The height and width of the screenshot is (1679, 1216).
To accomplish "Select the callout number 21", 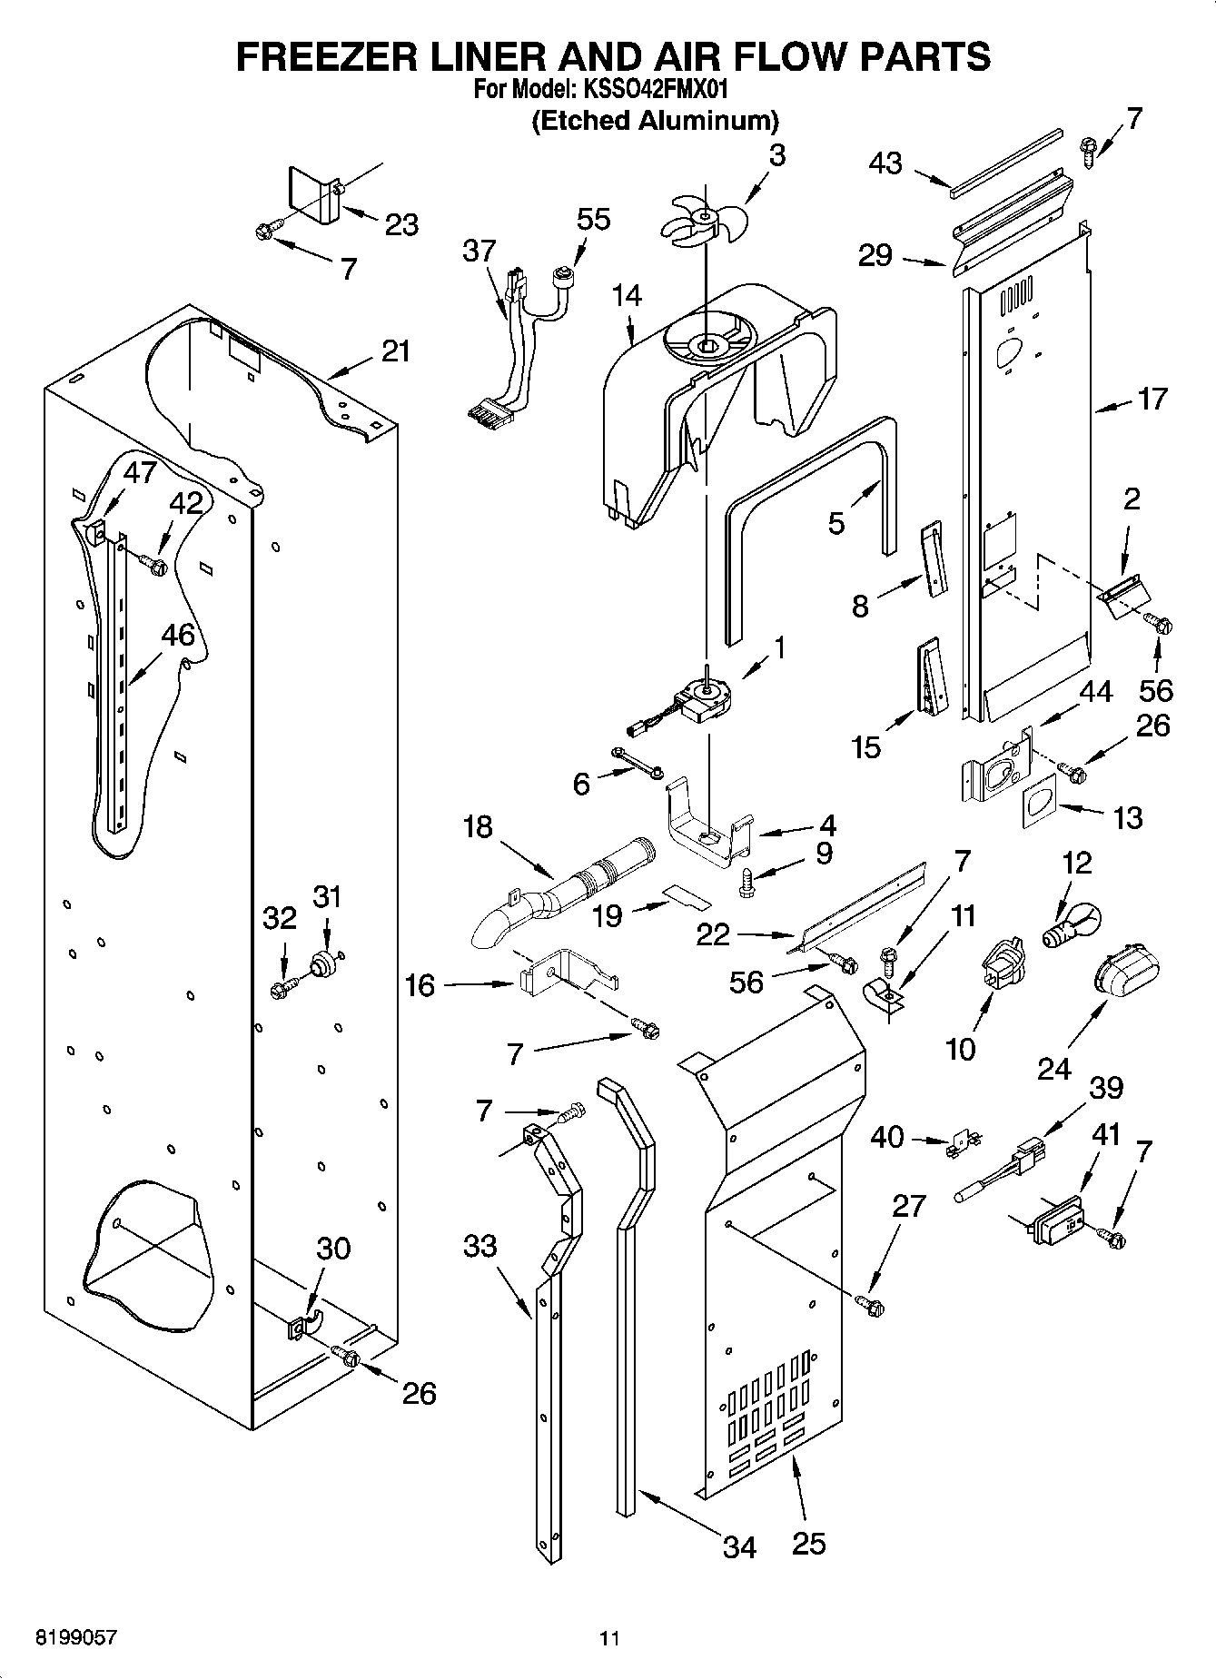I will click(395, 351).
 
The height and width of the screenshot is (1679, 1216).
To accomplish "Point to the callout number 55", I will click(594, 219).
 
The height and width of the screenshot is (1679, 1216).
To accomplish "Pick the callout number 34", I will click(739, 1546).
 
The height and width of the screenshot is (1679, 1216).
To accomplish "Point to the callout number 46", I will click(178, 635).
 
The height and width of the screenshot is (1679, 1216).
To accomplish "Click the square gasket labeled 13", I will click(1039, 806).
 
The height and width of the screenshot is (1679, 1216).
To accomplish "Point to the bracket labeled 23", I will click(312, 196).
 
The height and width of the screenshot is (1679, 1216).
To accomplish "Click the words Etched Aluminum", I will click(655, 120).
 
